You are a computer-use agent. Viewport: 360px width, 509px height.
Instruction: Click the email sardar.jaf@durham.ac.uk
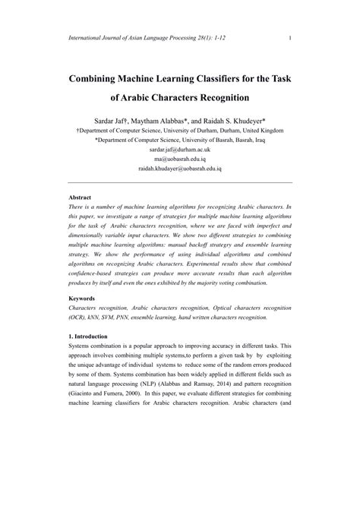pos(179,150)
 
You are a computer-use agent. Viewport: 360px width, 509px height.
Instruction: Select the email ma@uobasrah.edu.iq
pos(179,160)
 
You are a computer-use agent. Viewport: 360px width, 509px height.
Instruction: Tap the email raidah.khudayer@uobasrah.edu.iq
pos(179,169)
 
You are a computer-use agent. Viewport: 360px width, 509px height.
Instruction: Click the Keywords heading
pos(82,299)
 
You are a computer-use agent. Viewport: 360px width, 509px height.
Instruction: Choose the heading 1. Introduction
pos(87,335)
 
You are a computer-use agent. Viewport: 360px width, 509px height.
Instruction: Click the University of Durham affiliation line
pos(179,131)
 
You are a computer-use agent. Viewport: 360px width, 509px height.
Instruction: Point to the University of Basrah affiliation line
pos(179,140)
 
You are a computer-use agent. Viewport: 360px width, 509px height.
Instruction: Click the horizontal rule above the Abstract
pos(179,182)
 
